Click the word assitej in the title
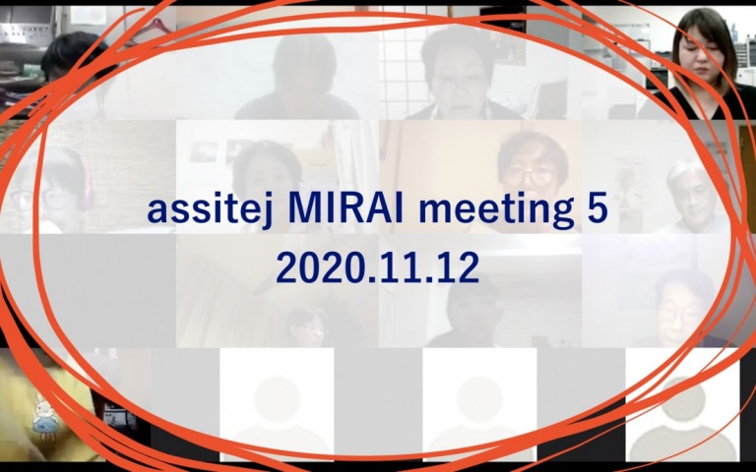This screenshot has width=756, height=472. click(211, 211)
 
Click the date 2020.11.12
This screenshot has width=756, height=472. click(378, 267)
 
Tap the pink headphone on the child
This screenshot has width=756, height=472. click(86, 186)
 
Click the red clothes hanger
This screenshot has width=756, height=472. click(150, 28)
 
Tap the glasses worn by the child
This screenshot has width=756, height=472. click(43, 198)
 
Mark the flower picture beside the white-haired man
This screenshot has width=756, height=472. click(628, 187)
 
